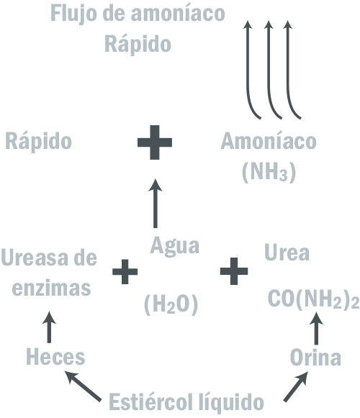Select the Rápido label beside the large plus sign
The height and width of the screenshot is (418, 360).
tap(39, 142)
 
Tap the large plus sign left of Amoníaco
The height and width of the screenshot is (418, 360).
tap(155, 142)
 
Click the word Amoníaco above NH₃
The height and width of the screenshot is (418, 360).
tap(269, 141)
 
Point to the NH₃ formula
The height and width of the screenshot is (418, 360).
tap(269, 172)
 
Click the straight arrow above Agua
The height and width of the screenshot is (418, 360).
tap(156, 204)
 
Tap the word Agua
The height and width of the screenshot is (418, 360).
tap(175, 246)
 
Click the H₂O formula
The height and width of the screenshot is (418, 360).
tap(171, 304)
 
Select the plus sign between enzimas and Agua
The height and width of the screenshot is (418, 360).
tap(125, 272)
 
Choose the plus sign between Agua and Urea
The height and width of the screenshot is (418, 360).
tap(234, 271)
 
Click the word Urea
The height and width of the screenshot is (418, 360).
tap(287, 253)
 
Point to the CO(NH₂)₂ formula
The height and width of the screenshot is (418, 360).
tap(314, 299)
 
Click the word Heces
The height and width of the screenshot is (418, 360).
tap(55, 357)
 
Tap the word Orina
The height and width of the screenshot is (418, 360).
tap(315, 358)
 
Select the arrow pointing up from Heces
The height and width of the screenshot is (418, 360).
tap(49, 327)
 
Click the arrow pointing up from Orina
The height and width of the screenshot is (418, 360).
tap(316, 328)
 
